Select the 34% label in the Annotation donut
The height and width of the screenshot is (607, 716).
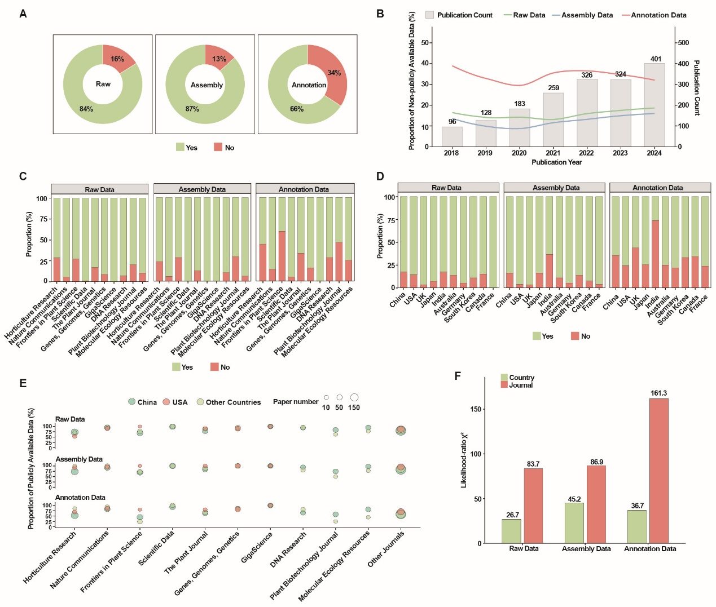(x=334, y=73)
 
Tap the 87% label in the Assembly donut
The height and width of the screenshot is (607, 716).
(x=192, y=109)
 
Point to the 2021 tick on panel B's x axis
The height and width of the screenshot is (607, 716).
(x=553, y=153)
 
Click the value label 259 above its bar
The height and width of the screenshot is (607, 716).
(x=554, y=88)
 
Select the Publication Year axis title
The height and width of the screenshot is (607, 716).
(x=556, y=162)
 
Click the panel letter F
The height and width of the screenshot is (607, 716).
(x=458, y=376)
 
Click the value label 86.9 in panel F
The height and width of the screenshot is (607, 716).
(x=596, y=462)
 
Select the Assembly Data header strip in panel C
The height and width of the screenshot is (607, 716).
(x=202, y=189)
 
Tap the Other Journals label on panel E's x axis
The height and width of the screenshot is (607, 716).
(x=386, y=549)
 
